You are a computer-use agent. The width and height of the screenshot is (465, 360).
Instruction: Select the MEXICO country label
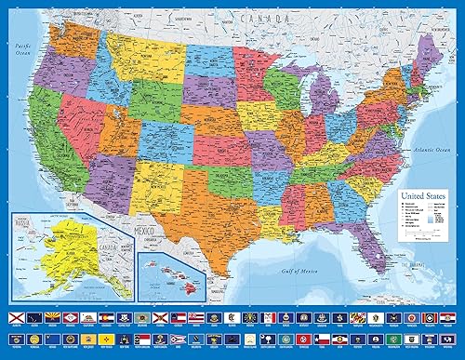145,224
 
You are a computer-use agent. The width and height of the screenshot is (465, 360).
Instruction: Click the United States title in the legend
419,197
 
